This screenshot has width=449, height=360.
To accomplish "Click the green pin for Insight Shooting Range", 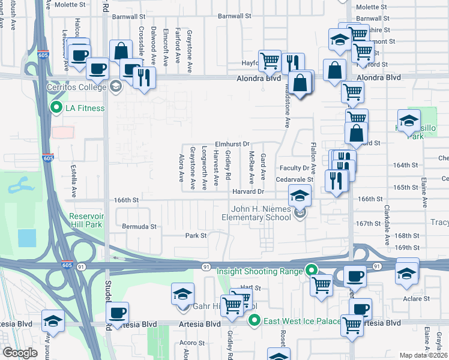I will (x=311, y=271).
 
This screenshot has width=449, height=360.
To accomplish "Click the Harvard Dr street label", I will (x=249, y=191).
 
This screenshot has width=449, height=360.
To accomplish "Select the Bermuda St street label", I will (x=139, y=227).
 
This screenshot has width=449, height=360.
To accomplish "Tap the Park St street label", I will (x=196, y=236).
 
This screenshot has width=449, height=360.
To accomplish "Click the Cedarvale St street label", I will (x=295, y=179).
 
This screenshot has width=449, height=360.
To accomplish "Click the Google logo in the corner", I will (x=20, y=353).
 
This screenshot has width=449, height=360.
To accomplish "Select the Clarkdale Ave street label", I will (x=385, y=227).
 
